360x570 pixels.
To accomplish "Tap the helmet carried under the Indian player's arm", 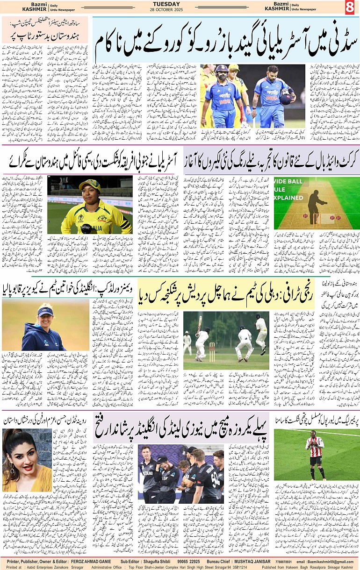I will (x=286, y=100).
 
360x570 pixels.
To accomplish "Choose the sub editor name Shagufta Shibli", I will (x=170, y=561).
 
